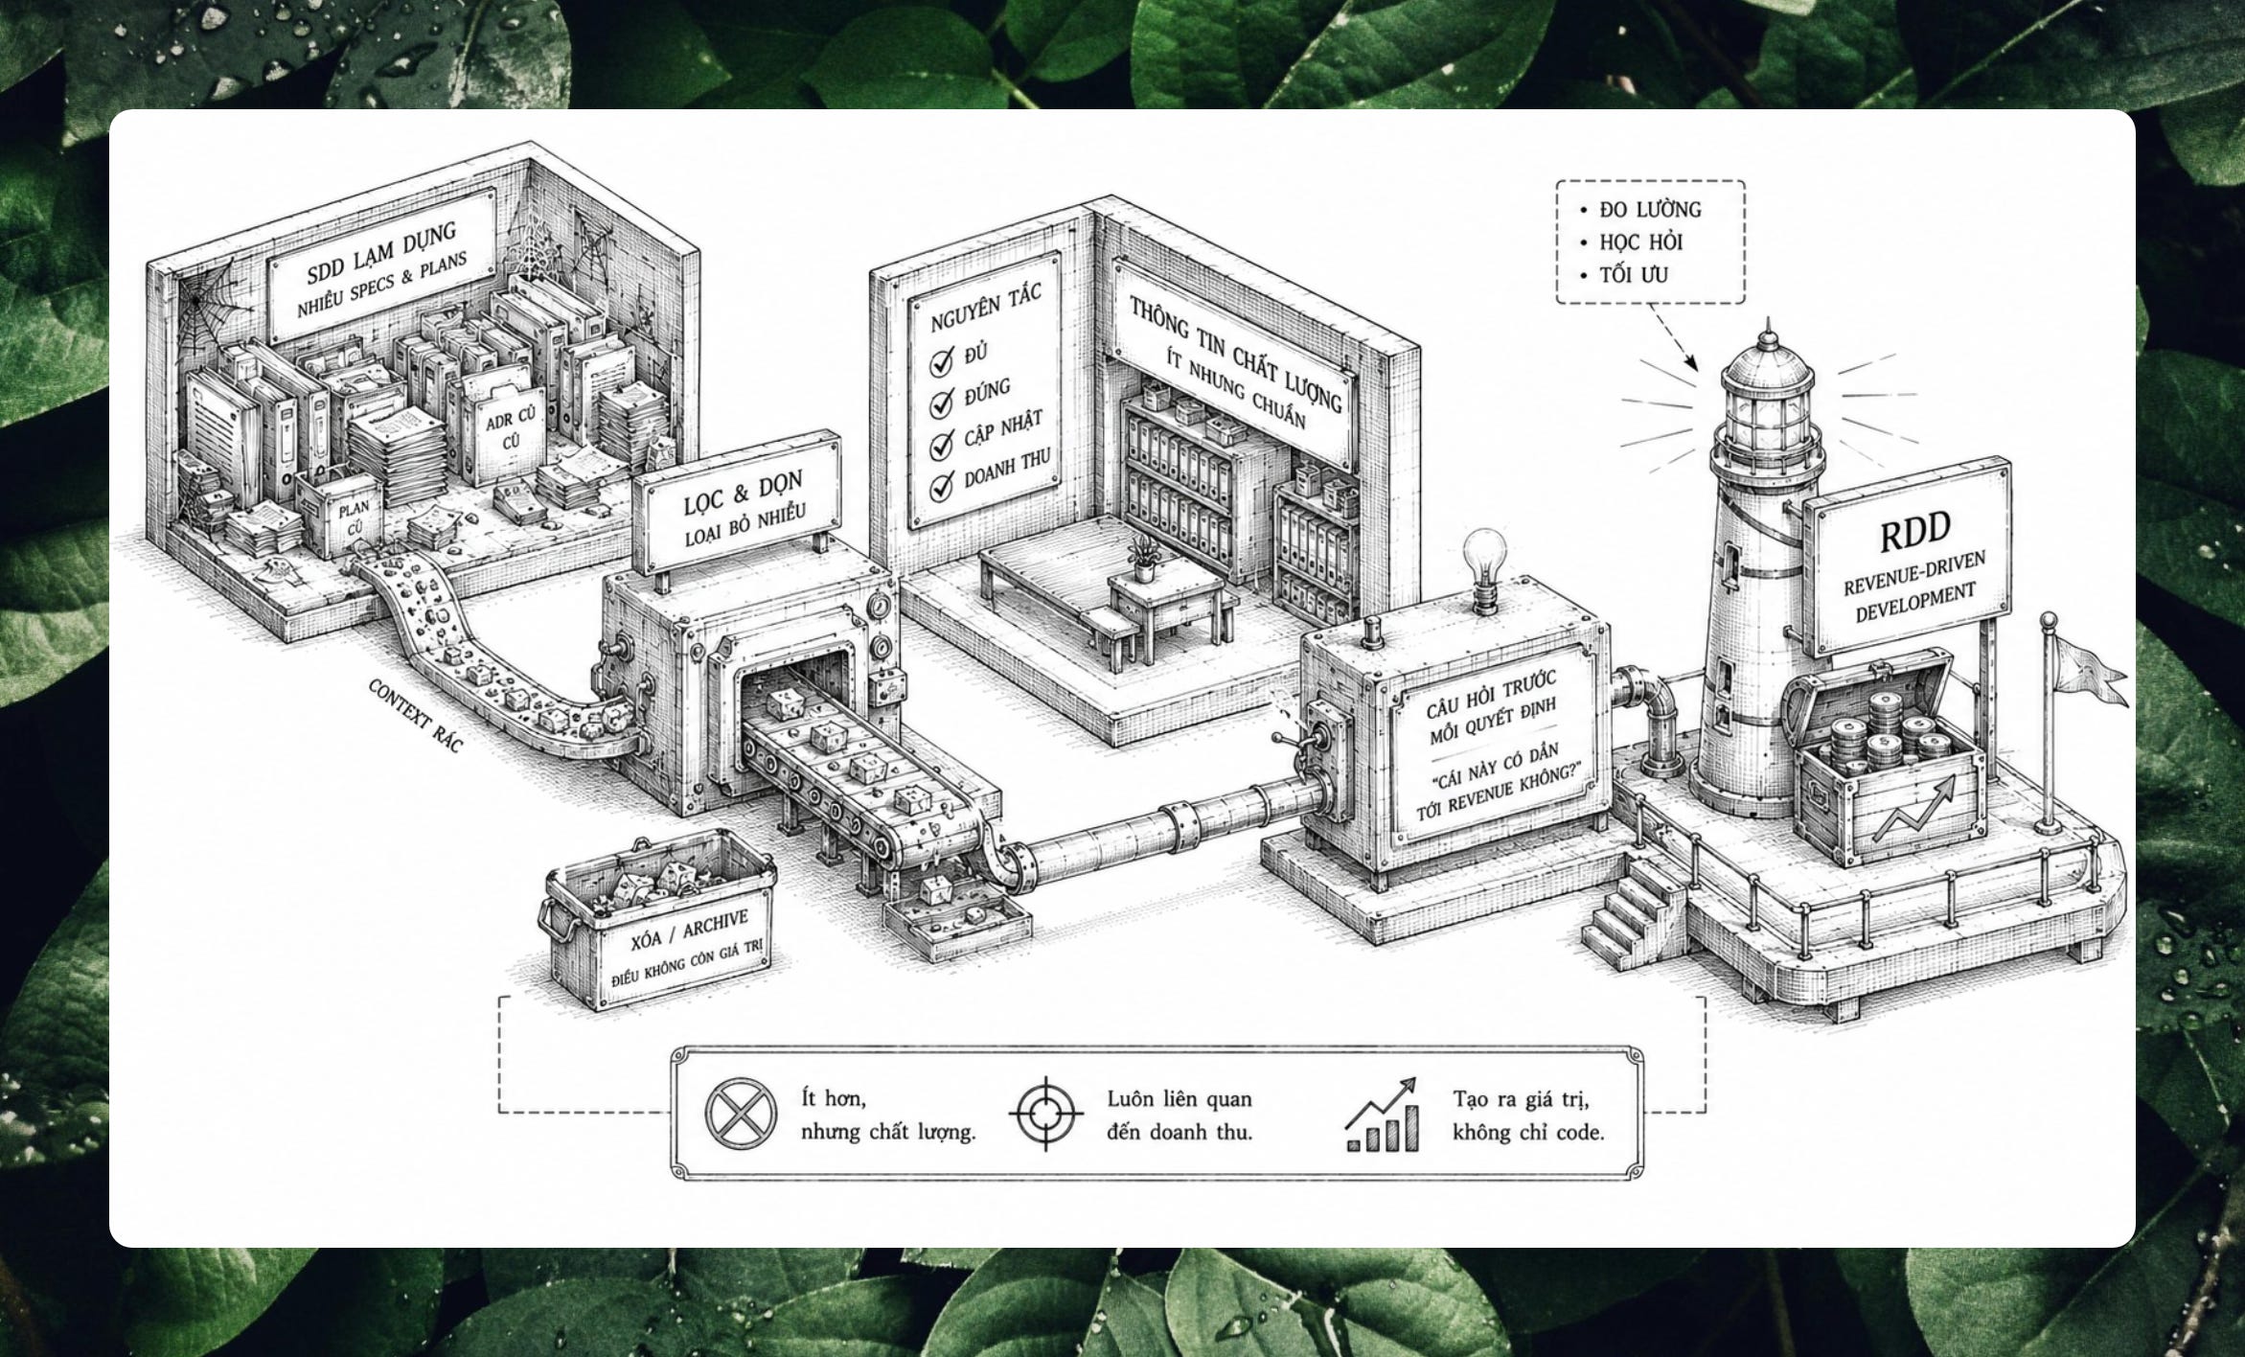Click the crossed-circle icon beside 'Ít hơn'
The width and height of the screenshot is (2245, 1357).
[740, 1114]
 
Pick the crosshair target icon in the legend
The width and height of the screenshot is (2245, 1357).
[1045, 1114]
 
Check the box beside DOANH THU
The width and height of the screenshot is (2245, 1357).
[943, 485]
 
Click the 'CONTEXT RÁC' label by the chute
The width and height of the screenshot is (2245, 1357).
[415, 716]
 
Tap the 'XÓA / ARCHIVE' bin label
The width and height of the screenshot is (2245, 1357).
[689, 931]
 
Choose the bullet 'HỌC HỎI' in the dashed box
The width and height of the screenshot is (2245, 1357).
[1641, 242]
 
